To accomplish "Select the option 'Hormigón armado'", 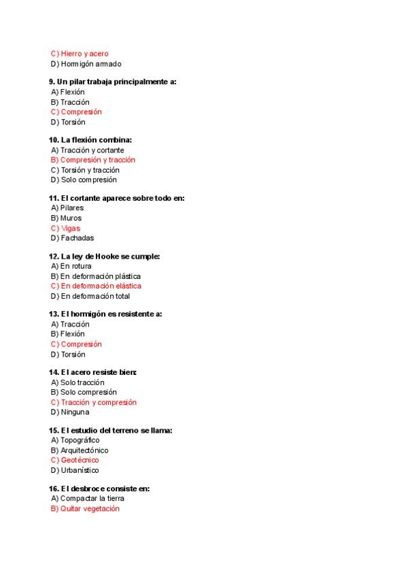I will pos(90,64).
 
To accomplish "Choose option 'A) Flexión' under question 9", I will pos(68,92).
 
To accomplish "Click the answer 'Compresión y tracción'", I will pos(97,160).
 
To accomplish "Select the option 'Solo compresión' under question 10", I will pos(88,180).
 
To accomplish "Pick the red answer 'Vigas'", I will pos(71,229).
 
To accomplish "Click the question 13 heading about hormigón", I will pos(105,314).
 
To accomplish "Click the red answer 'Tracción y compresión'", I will pos(98,402).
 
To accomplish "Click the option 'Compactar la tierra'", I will pos(92,499).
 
